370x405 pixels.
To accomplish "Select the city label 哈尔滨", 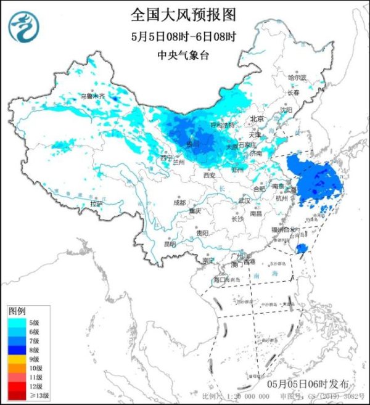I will (297, 78).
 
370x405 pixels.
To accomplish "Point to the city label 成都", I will (179, 202).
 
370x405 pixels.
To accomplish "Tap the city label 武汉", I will (244, 200).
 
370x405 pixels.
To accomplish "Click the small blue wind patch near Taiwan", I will (301, 248).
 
